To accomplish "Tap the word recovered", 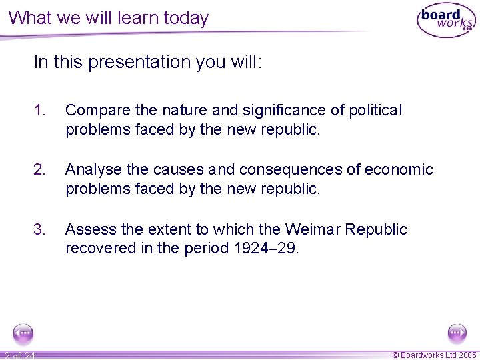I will (97, 249).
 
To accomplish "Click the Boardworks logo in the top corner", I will (445, 21).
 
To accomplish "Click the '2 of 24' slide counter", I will (19, 355).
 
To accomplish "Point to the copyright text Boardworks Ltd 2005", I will (434, 355).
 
